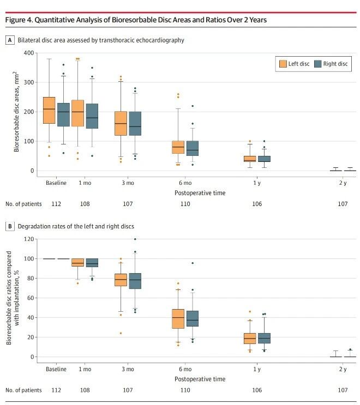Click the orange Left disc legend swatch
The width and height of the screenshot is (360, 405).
[283, 64]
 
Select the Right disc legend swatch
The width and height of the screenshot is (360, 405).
[317, 64]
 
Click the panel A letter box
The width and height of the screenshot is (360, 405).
[9, 40]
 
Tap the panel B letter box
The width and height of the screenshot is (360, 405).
[9, 226]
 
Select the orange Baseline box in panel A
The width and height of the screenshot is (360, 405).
[49, 110]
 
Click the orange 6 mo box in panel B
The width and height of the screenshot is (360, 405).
[178, 318]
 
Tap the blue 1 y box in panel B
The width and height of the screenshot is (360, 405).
[263, 338]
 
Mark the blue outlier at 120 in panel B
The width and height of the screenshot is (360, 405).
[135, 239]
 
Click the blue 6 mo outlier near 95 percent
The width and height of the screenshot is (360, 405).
[192, 263]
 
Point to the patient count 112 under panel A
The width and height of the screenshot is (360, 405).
[56, 204]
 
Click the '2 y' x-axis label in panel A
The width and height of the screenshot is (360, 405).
[342, 183]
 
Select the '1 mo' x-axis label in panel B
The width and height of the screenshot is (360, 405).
[85, 369]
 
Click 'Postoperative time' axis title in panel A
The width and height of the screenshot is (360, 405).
[200, 193]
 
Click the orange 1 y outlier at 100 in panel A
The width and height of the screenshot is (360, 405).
[250, 141]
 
